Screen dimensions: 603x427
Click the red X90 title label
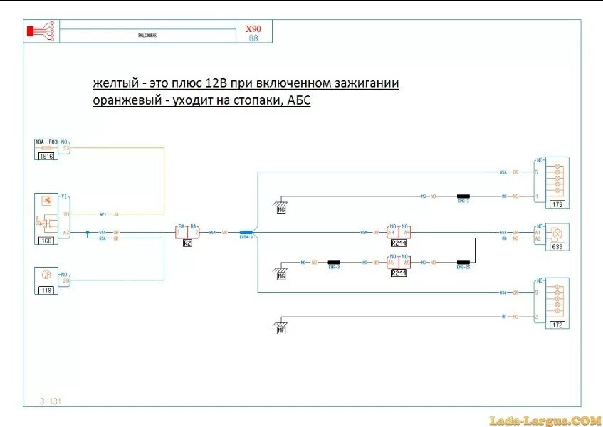(253, 29)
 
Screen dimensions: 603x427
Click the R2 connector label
(187, 243)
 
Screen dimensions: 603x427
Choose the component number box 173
(557, 205)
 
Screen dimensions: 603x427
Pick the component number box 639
(557, 247)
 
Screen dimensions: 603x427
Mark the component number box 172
(557, 325)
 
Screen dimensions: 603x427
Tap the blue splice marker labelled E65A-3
(246, 232)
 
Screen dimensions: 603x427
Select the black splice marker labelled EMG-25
(464, 262)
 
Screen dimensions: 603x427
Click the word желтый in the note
(114, 83)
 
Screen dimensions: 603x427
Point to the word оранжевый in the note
(127, 101)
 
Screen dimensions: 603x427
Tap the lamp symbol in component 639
(558, 233)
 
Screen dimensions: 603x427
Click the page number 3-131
(51, 401)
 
